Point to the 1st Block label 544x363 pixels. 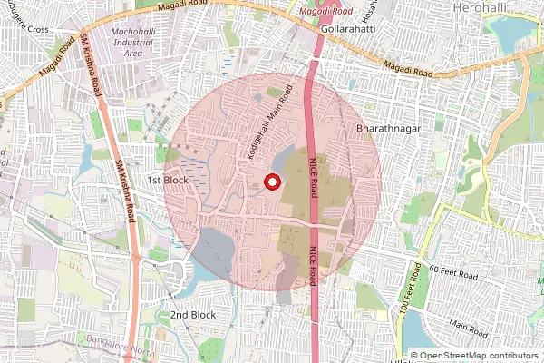click(x=167, y=180)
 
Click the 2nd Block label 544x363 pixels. click(x=193, y=314)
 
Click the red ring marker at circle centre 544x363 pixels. click(x=270, y=182)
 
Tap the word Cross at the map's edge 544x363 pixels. click(x=37, y=29)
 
